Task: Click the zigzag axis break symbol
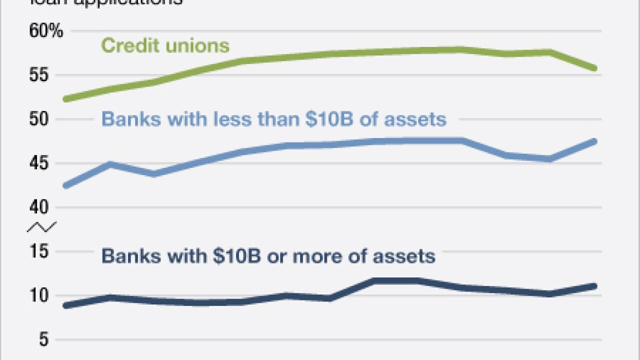point(41,227)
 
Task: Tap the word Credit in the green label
point(127,46)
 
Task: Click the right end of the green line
point(594,68)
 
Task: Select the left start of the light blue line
point(65,186)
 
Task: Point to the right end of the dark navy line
point(594,286)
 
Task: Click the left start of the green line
point(65,99)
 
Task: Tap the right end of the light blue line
point(594,141)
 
